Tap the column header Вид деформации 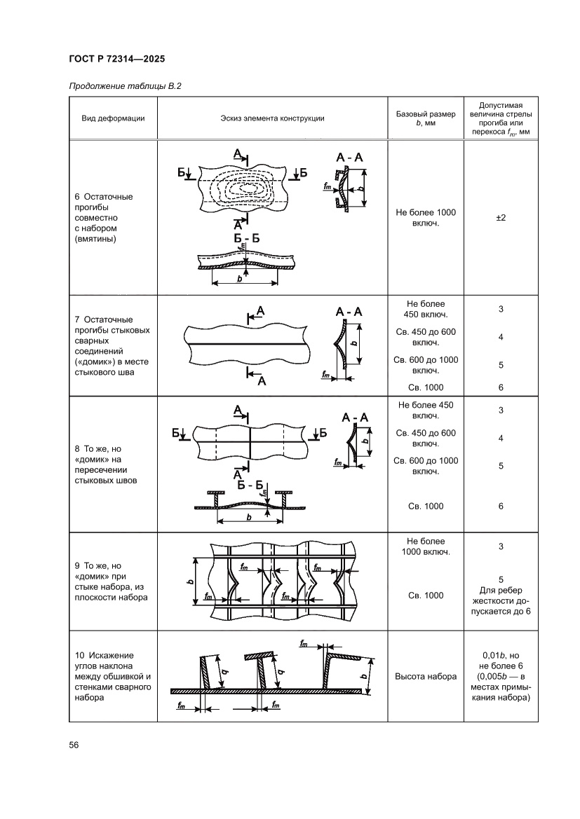point(113,118)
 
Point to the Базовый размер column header point(425,118)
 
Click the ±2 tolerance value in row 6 point(501,218)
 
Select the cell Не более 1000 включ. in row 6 point(425,218)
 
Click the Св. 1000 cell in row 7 point(425,387)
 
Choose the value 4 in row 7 point(501,337)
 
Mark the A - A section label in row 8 point(356,418)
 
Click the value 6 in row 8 point(501,506)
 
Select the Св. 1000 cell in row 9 point(425,596)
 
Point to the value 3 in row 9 point(501,546)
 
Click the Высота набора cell point(425,676)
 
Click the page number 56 point(73,745)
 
